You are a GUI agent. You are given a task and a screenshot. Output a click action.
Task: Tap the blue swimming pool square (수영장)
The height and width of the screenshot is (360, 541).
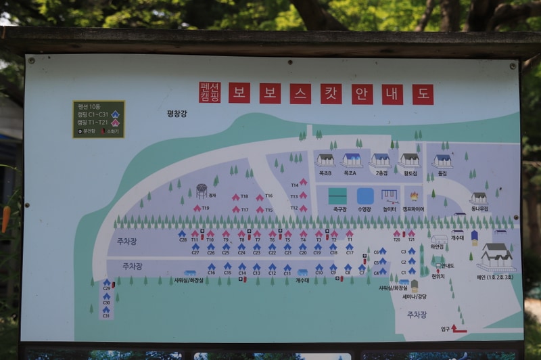point(365,196)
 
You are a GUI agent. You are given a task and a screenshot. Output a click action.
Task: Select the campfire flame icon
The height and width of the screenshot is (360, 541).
point(414,196)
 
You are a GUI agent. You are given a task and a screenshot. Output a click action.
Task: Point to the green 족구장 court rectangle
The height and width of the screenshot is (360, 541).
point(337,196)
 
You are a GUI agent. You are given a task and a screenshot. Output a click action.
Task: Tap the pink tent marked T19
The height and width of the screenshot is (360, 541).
point(197,208)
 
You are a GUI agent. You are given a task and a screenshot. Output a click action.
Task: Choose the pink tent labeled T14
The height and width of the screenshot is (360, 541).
point(303,182)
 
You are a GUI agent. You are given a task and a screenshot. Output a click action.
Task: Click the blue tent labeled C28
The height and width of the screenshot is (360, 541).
point(182,233)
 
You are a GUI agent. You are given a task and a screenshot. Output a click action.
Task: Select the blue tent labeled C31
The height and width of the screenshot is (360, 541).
point(106,309)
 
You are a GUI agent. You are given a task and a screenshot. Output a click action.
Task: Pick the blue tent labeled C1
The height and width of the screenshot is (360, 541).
point(411,271)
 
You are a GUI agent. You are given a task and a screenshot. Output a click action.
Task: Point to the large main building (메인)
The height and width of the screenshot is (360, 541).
point(496,256)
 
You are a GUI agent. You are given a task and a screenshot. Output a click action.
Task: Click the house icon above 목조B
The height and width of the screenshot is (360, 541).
point(325,160)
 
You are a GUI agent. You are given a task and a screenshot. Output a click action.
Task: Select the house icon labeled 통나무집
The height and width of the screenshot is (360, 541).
point(479,198)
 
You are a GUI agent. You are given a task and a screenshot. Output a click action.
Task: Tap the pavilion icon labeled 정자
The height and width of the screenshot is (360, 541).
point(202,190)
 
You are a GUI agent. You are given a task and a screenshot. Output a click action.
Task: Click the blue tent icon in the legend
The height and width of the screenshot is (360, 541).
point(116,114)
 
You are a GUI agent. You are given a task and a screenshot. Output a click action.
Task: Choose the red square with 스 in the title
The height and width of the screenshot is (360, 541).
point(300,93)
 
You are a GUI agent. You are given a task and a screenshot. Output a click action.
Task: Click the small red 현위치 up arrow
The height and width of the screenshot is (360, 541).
point(438,270)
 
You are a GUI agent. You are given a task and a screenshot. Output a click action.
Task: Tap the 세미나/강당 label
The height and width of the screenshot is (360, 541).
point(414,296)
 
